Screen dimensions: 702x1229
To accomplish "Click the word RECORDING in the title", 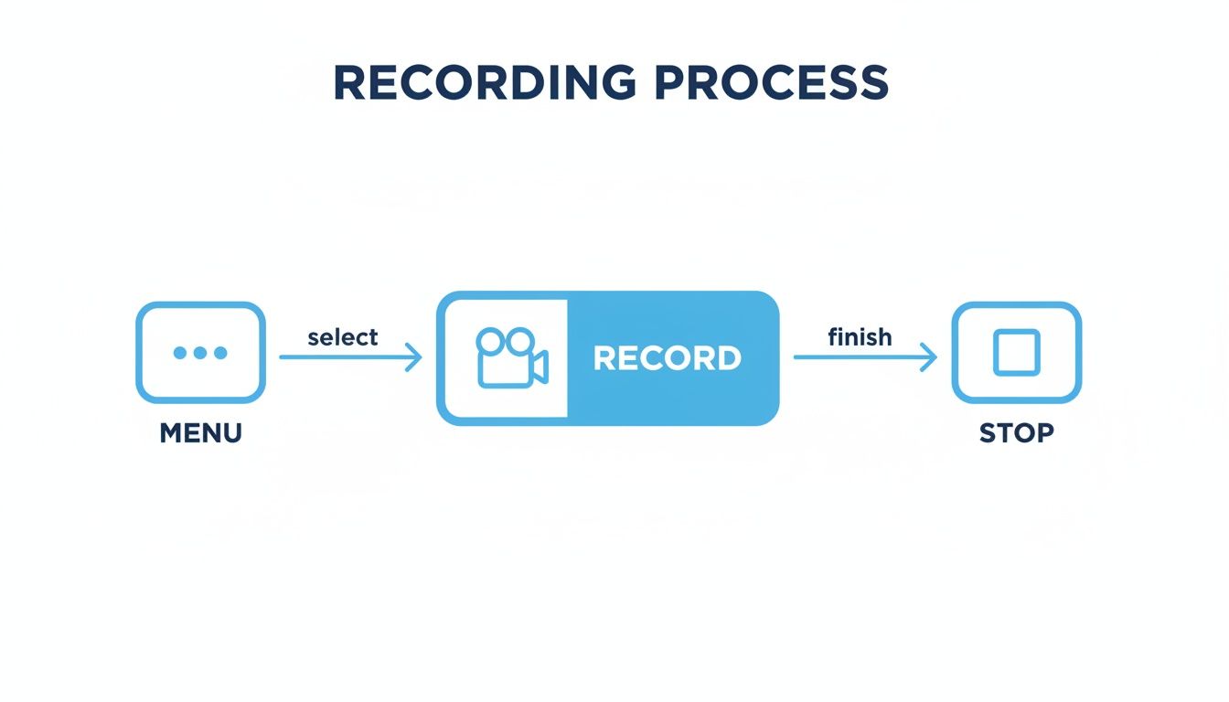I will pyautogui.click(x=484, y=84).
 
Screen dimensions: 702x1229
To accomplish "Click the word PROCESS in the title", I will pyautogui.click(x=771, y=84).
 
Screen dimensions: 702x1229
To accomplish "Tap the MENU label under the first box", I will pyautogui.click(x=200, y=432).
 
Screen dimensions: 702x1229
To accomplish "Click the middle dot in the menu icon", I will pyautogui.click(x=200, y=353).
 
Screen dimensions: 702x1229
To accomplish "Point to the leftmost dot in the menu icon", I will pyautogui.click(x=180, y=353).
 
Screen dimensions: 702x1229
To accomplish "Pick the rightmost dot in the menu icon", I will pyautogui.click(x=220, y=353).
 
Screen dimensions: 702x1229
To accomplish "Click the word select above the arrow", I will pyautogui.click(x=342, y=337).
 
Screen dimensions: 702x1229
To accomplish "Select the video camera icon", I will pyautogui.click(x=510, y=356).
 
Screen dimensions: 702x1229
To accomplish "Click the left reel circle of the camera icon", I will pyautogui.click(x=491, y=342).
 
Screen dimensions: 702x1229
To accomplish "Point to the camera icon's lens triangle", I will pyautogui.click(x=540, y=367).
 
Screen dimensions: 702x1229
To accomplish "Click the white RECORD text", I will pyautogui.click(x=667, y=358).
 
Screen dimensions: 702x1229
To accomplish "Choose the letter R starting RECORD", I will pyautogui.click(x=604, y=358).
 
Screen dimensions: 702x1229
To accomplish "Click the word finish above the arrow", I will pyautogui.click(x=859, y=337).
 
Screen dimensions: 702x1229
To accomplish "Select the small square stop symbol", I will pyautogui.click(x=1016, y=353).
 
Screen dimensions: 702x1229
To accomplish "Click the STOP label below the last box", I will pyautogui.click(x=1016, y=432).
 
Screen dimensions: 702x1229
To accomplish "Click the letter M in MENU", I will pyautogui.click(x=170, y=432).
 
